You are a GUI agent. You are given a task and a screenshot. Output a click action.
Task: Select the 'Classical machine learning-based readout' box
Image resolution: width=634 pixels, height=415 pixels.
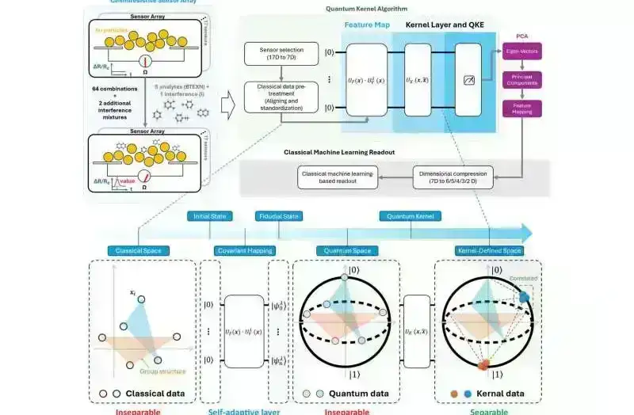pos(337,177)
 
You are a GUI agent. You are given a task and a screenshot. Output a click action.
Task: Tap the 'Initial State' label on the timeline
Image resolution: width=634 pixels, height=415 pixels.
pos(209,215)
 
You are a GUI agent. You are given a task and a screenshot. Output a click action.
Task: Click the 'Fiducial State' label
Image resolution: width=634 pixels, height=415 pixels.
pos(277,215)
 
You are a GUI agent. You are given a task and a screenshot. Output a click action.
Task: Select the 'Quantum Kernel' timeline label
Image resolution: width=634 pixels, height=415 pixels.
pos(410,215)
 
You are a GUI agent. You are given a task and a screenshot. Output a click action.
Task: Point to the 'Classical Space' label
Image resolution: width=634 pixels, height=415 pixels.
pos(139,251)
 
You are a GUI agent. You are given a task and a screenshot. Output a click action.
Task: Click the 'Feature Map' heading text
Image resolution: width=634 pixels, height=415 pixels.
pos(365,25)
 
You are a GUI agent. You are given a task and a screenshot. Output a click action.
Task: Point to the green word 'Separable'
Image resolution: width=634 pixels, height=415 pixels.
pos(484,411)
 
